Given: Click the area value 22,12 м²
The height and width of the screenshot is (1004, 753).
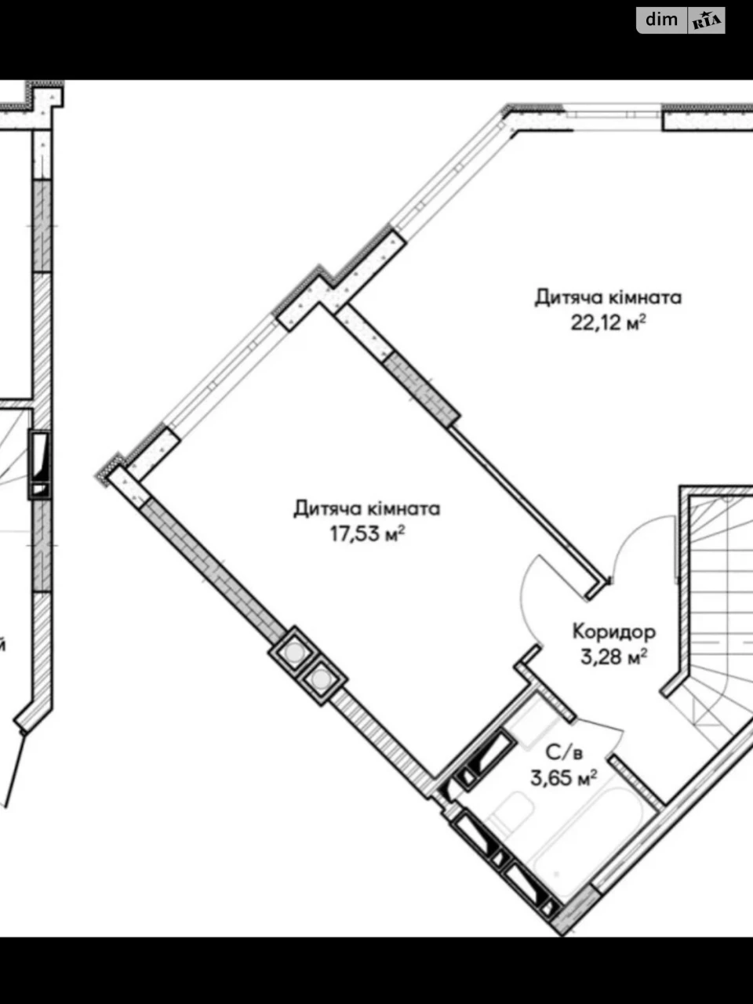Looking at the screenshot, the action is [x=608, y=323].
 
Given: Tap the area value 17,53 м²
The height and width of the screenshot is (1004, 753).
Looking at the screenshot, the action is [x=368, y=534].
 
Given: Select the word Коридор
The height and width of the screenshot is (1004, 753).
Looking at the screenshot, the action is [x=614, y=632].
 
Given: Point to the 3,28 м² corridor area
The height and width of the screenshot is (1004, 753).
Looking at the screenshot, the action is [x=614, y=657].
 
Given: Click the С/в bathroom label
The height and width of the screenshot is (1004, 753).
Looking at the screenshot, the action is [x=564, y=752].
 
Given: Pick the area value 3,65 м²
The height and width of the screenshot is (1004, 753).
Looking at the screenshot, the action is [x=564, y=777].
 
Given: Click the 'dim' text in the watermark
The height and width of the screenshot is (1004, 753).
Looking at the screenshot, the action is [x=661, y=20].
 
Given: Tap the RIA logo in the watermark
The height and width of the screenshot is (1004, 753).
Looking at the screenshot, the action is [x=707, y=20].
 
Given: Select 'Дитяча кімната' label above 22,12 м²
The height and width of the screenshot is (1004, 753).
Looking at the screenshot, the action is [x=609, y=297].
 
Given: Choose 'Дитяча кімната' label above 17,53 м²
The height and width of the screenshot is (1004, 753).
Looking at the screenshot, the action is [x=366, y=508].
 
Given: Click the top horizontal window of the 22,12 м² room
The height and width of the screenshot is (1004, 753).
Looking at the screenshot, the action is [x=613, y=117].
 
